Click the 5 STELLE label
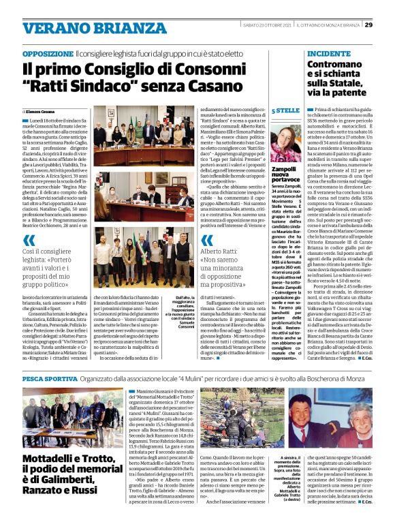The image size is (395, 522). [285, 110]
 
